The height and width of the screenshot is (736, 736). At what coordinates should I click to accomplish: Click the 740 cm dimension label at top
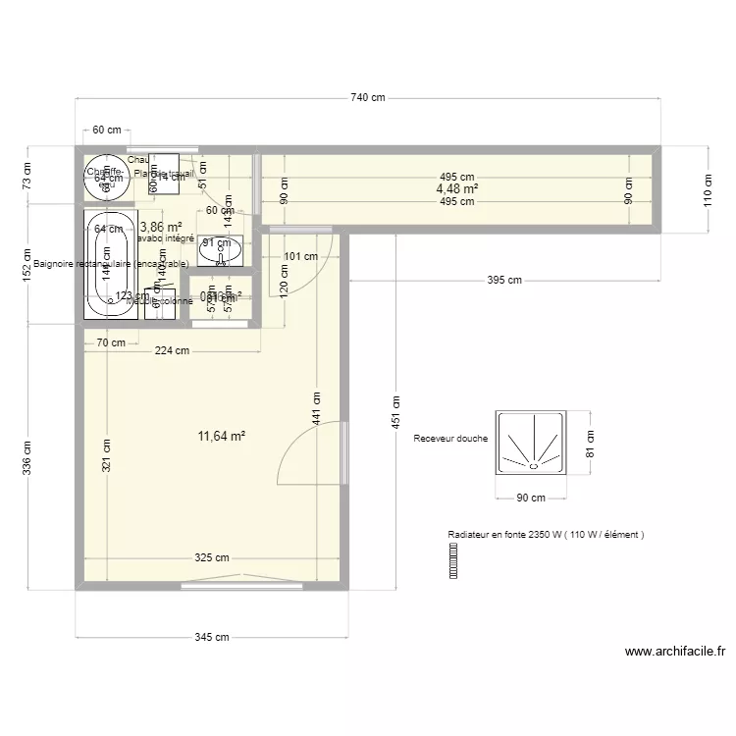367,97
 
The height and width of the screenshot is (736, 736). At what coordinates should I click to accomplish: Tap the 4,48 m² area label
457,189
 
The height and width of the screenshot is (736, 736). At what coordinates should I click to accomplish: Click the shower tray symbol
532,443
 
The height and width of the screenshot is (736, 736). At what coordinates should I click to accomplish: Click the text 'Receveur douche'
450,439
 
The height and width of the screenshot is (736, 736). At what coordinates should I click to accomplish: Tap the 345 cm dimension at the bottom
211,637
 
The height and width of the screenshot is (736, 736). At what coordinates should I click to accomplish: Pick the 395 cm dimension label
504,281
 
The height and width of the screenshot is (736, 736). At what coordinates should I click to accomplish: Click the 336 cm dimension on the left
27,456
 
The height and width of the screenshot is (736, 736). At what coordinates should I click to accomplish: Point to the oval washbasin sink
220,252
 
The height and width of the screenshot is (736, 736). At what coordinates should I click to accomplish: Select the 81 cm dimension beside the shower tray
591,443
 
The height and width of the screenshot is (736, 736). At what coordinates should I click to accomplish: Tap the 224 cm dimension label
171,352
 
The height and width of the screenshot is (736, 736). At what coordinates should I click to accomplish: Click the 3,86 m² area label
160,226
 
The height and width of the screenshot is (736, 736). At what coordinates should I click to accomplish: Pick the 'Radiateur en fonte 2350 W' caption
545,535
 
